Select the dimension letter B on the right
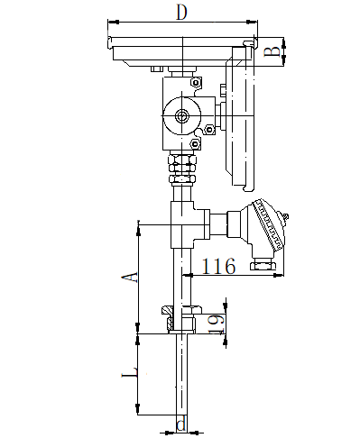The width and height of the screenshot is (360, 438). pos(269,50)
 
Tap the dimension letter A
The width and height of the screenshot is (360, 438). pos(129,277)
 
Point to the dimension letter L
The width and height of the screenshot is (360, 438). pos(129,372)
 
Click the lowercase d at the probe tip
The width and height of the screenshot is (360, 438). pos(181,424)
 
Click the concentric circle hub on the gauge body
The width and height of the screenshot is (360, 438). pos(182,116)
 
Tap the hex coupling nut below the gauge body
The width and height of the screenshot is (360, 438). pos(182,164)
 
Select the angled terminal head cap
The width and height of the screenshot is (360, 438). pos(271,225)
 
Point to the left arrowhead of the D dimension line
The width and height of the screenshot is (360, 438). pos(110,20)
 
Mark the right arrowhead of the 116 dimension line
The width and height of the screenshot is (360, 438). pos(282,275)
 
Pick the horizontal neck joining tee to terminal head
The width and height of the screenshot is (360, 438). pos(220,223)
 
